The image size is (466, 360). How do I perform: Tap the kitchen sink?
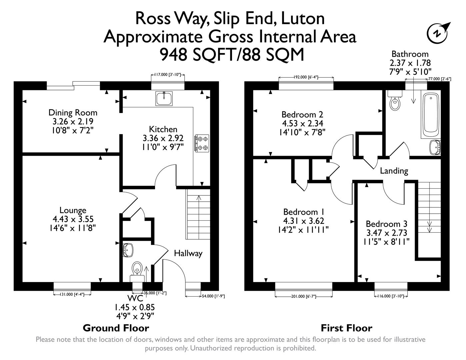pyautogui.click(x=164, y=98)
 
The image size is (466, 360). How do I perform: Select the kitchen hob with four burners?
pyautogui.click(x=202, y=143)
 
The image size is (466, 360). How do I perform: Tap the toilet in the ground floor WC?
pyautogui.click(x=137, y=269)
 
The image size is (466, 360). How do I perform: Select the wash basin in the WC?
pyautogui.click(x=128, y=250)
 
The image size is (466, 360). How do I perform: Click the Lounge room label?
pyautogui.click(x=73, y=210)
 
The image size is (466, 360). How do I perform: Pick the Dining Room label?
pyautogui.click(x=73, y=113)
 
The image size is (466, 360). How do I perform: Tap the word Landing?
pyautogui.click(x=394, y=171)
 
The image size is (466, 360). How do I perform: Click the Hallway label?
pyautogui.click(x=188, y=253)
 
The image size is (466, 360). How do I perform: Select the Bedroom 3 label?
pyautogui.click(x=386, y=224)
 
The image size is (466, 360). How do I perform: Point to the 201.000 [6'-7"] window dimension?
pyautogui.click(x=304, y=296)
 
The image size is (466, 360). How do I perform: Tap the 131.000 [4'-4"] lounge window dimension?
pyautogui.click(x=72, y=294)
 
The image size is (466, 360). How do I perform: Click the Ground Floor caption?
pyautogui.click(x=116, y=328)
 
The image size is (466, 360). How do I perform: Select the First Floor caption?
pyautogui.click(x=346, y=328)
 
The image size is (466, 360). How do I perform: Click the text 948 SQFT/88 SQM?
pyautogui.click(x=232, y=55)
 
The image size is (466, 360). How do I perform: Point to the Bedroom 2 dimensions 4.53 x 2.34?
pyautogui.click(x=302, y=123)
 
